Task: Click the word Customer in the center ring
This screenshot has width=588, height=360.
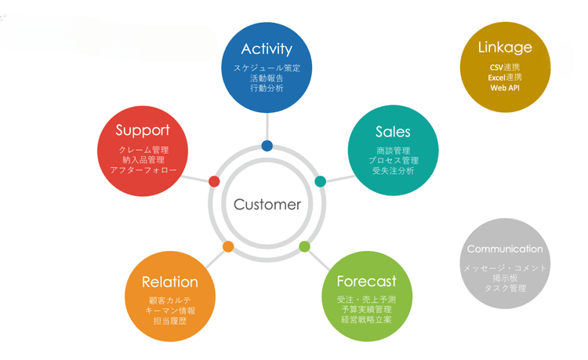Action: click(x=267, y=205)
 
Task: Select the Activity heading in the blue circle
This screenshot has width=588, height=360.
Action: click(x=267, y=49)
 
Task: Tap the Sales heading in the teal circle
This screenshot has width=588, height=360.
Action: click(x=393, y=132)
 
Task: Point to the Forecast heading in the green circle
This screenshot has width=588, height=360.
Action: click(x=366, y=282)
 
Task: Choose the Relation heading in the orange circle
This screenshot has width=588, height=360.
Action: click(x=170, y=282)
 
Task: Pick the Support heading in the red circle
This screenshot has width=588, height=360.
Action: click(x=143, y=130)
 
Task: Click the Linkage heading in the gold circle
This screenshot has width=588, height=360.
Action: click(x=505, y=48)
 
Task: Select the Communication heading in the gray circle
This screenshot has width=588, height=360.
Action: click(x=505, y=249)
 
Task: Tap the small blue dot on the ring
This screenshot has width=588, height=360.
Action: click(x=267, y=145)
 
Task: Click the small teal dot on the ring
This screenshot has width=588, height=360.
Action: click(x=320, y=181)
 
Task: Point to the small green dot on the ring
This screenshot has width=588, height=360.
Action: click(x=304, y=246)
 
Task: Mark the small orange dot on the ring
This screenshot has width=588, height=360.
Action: click(x=228, y=246)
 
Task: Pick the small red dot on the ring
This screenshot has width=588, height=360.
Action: click(x=214, y=181)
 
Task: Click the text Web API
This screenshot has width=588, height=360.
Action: click(x=505, y=89)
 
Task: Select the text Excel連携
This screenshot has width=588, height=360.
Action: click(x=505, y=78)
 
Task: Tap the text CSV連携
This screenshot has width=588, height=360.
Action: click(x=505, y=67)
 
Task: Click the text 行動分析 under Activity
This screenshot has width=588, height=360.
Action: click(x=267, y=89)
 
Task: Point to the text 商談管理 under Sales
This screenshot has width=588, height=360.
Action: click(x=393, y=151)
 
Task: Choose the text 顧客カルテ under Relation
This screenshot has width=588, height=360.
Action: click(x=170, y=300)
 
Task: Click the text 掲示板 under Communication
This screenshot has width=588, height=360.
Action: click(x=505, y=278)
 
